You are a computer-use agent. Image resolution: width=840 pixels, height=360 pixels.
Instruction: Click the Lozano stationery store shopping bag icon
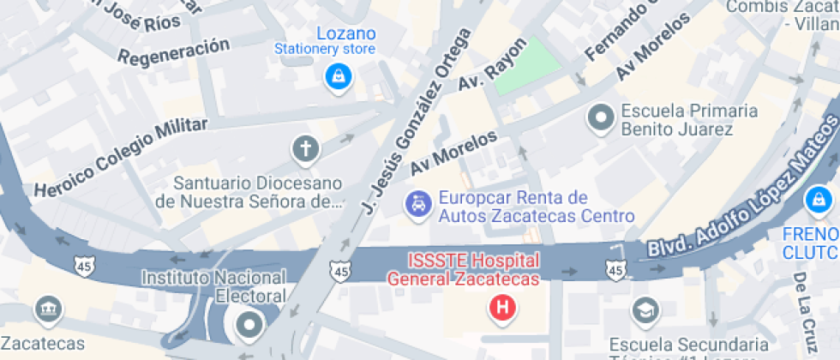337,78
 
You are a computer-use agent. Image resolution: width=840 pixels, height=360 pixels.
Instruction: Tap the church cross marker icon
304,149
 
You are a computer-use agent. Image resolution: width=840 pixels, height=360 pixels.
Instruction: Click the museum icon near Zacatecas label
46,309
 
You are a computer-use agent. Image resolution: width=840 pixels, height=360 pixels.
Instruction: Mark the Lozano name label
346,33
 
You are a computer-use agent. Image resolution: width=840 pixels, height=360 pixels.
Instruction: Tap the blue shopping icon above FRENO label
817,201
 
